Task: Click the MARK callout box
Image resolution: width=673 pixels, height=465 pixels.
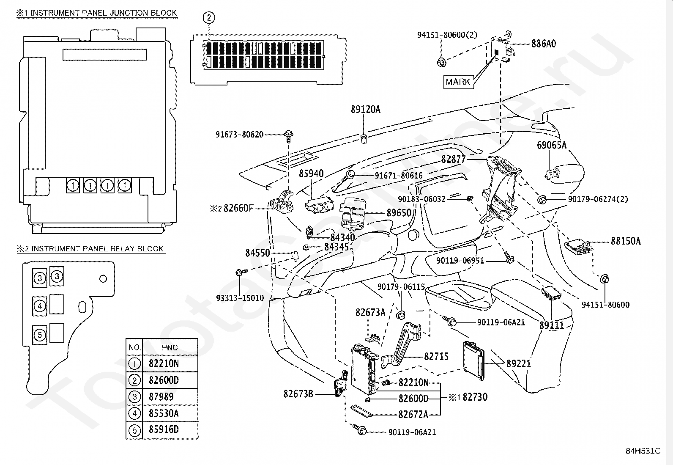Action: click(458, 82)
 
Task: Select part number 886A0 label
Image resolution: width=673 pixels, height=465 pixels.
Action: click(544, 44)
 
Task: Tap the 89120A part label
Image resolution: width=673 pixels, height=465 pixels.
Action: click(366, 110)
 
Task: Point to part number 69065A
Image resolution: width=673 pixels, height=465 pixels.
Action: click(552, 145)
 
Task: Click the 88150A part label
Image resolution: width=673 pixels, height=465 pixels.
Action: click(626, 241)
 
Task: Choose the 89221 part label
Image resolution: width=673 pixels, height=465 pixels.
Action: click(519, 363)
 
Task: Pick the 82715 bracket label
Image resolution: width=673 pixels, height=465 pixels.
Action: click(436, 356)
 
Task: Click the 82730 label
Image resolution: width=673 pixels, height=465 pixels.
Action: click(475, 397)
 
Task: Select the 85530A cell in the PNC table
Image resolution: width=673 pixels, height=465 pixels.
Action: click(164, 413)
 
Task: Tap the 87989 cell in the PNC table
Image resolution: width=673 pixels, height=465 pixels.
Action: click(161, 397)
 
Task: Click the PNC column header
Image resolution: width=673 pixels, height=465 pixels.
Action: click(170, 347)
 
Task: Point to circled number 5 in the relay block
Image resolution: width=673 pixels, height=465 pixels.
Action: click(40, 335)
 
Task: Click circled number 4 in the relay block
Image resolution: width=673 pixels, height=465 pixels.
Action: click(40, 305)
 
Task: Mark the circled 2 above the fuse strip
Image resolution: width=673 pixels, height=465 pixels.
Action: click(209, 18)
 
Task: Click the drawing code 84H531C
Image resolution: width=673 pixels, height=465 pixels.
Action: click(643, 451)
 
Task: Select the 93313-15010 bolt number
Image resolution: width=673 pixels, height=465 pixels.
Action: click(240, 298)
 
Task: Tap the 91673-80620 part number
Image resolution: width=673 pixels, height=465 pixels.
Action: click(239, 135)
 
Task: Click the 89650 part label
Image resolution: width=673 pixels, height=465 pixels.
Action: click(399, 213)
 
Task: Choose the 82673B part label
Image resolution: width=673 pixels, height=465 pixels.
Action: click(298, 394)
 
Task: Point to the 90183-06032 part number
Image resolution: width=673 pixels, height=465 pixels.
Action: click(421, 199)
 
